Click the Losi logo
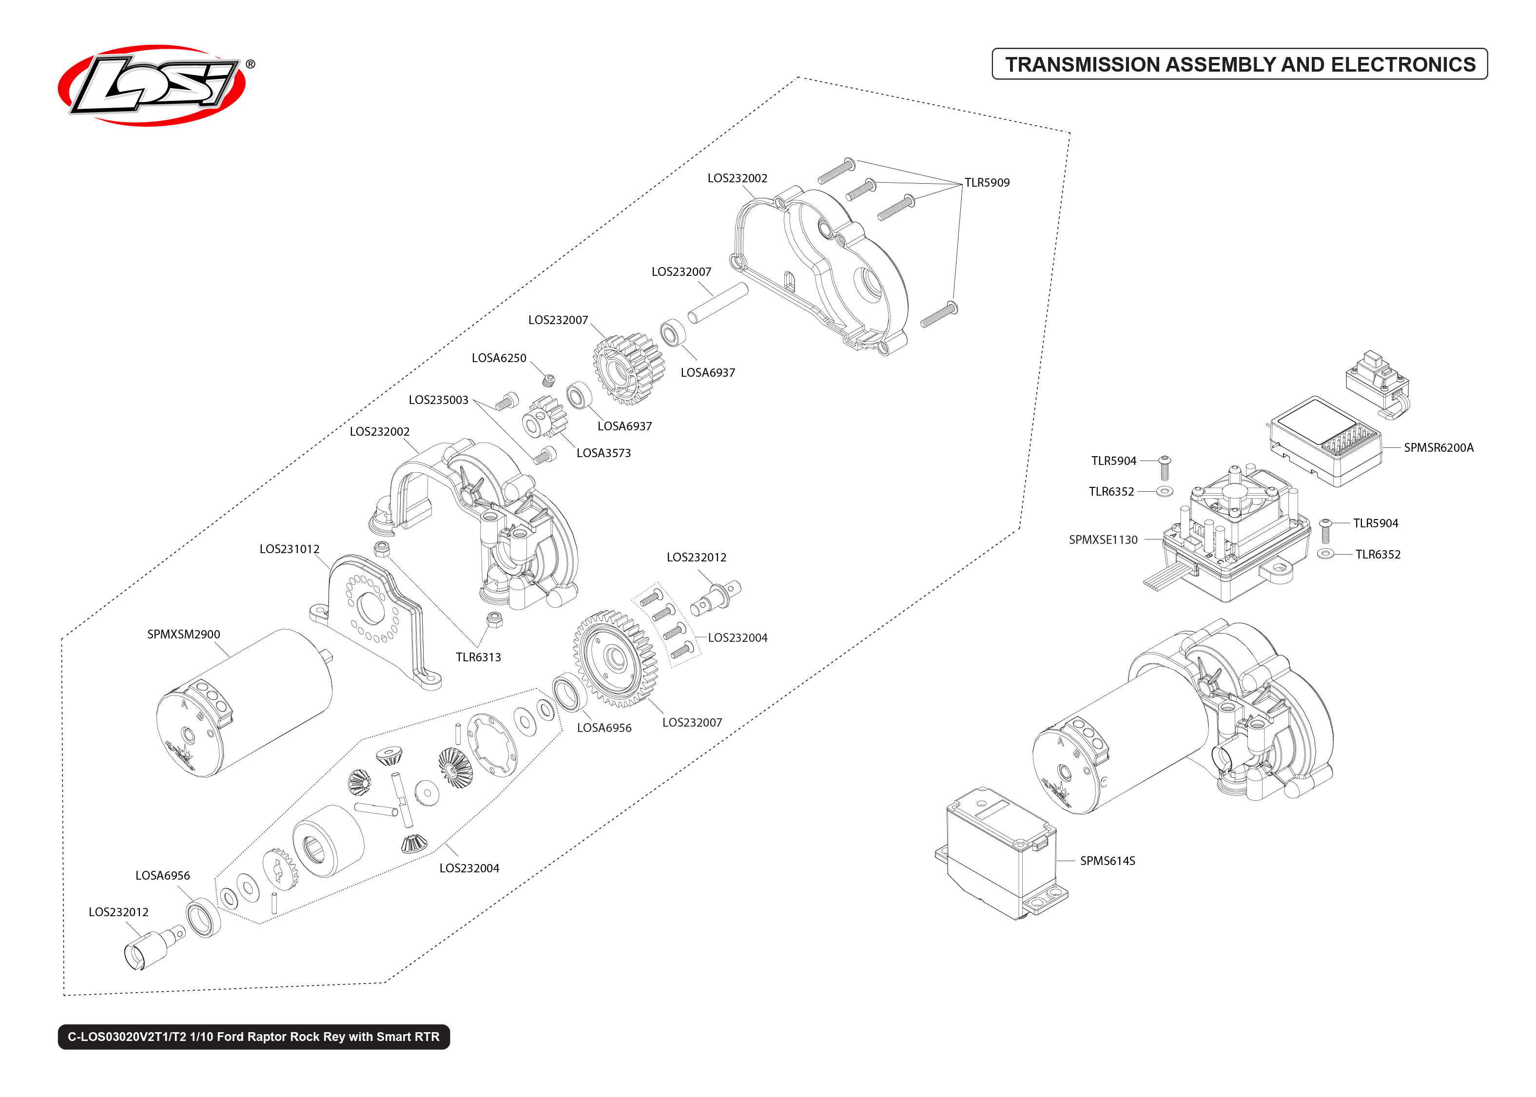coord(152,86)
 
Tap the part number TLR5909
coord(986,182)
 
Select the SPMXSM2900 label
coord(184,635)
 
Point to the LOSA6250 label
coord(499,358)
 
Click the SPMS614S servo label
coord(1107,861)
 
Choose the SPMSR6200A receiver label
coord(1438,447)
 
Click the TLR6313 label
coord(478,657)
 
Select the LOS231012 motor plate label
coord(289,549)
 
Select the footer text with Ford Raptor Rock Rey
coord(253,1037)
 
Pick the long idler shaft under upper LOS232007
coord(718,303)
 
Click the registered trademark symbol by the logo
coord(250,64)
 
